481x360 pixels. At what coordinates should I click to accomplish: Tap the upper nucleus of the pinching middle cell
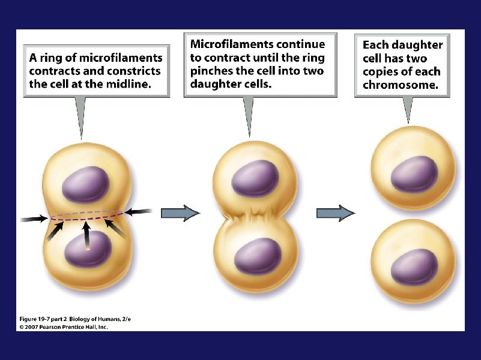(x=255, y=178)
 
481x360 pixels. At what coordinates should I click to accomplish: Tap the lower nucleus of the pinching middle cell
(x=258, y=256)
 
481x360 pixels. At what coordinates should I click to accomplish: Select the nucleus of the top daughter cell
(x=414, y=174)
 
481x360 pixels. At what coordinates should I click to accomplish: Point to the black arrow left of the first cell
(x=35, y=218)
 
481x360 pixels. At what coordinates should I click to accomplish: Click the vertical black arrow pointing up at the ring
(x=88, y=236)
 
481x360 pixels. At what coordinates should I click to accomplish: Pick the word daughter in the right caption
(x=420, y=46)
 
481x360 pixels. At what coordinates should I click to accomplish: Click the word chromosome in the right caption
(x=405, y=85)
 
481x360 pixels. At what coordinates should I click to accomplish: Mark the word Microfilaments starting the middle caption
(x=225, y=44)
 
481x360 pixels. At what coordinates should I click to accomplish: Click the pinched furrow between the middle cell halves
(x=256, y=217)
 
